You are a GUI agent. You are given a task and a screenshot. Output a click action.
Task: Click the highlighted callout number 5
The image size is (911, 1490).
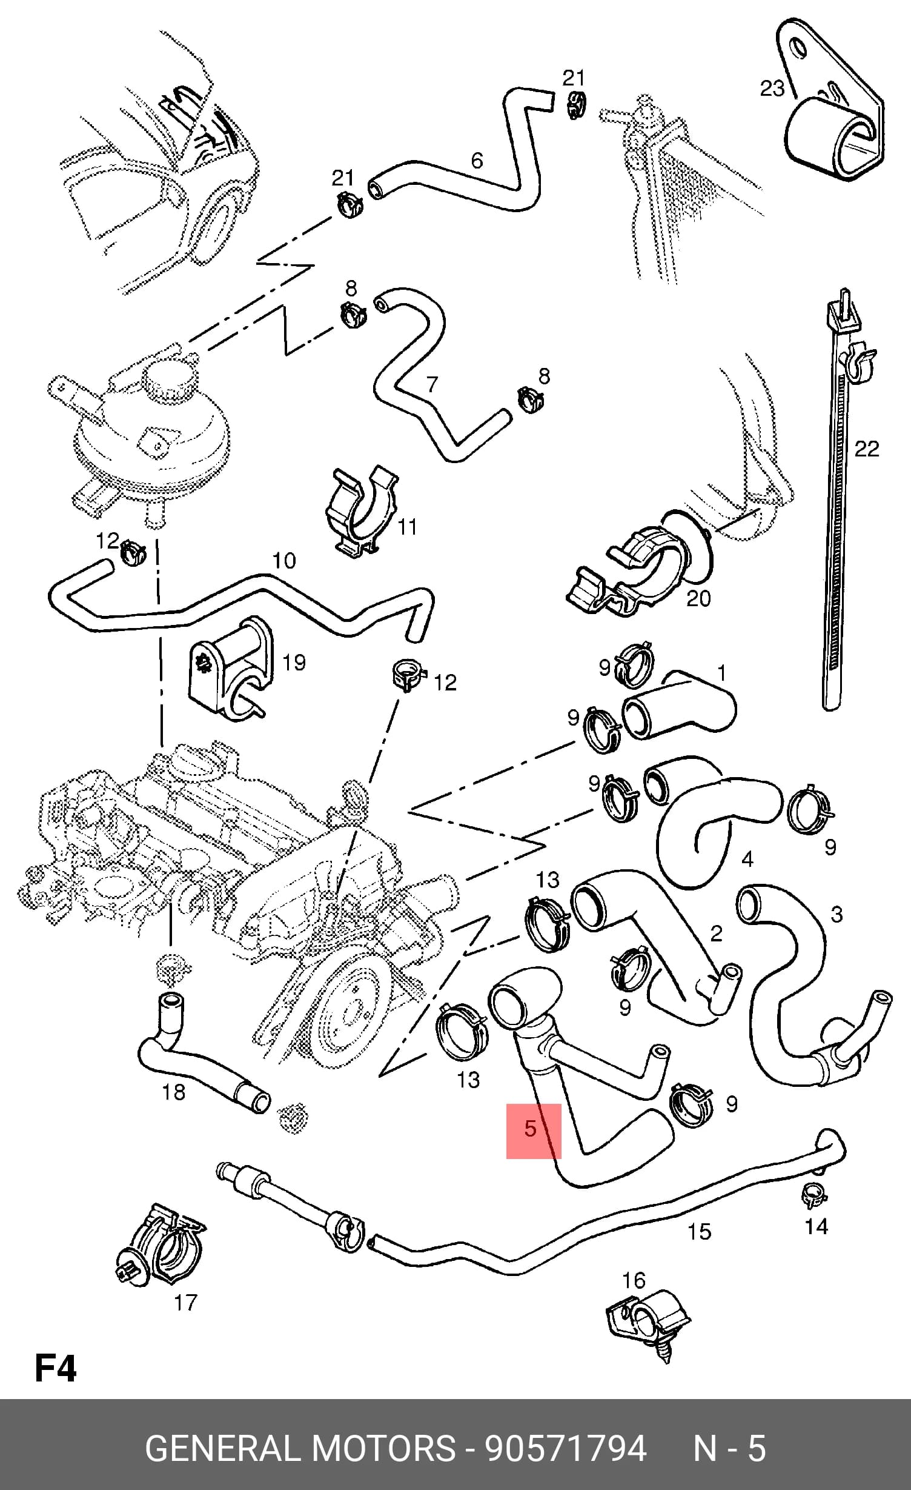click(x=531, y=1129)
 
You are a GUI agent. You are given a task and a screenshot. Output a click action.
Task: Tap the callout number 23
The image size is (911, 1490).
click(x=772, y=89)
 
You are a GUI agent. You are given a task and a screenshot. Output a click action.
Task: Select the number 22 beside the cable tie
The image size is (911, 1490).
click(x=866, y=449)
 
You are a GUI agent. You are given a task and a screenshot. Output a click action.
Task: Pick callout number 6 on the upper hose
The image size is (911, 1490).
click(x=477, y=161)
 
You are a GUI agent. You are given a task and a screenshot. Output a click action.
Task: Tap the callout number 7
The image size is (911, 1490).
click(x=431, y=384)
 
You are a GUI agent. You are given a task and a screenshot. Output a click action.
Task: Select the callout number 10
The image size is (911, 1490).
click(x=283, y=560)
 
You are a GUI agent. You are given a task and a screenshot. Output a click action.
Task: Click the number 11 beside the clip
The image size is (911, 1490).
click(x=407, y=527)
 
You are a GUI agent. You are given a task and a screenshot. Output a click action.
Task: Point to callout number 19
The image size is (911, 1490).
click(x=294, y=663)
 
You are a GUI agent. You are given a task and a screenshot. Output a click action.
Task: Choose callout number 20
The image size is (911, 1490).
click(x=698, y=598)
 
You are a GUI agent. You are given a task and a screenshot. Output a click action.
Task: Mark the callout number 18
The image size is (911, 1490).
click(x=173, y=1092)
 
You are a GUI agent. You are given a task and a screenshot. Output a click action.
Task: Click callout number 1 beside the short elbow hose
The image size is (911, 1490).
click(x=721, y=673)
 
